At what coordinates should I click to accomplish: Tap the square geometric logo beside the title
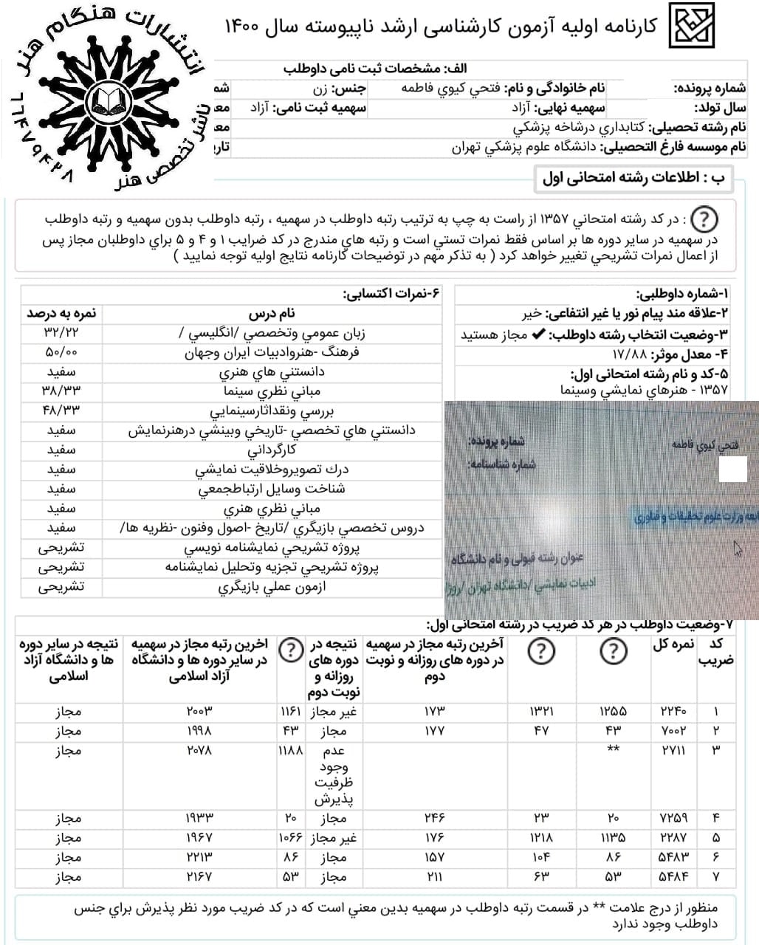693,26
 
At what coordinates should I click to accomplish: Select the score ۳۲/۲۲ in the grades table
61,333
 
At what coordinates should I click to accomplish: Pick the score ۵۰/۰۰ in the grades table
61,353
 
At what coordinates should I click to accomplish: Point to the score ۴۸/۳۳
61,410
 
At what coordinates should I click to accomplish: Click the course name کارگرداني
272,450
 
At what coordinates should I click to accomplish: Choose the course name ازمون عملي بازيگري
272,587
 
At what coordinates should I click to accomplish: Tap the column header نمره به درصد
61,314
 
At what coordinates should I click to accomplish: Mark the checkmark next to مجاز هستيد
538,334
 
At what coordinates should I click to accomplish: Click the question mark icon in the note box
706,219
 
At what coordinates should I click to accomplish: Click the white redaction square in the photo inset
733,470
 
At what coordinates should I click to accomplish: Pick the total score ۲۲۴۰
673,712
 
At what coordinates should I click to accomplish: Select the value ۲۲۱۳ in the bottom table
199,857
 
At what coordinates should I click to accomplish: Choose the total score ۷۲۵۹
673,818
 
